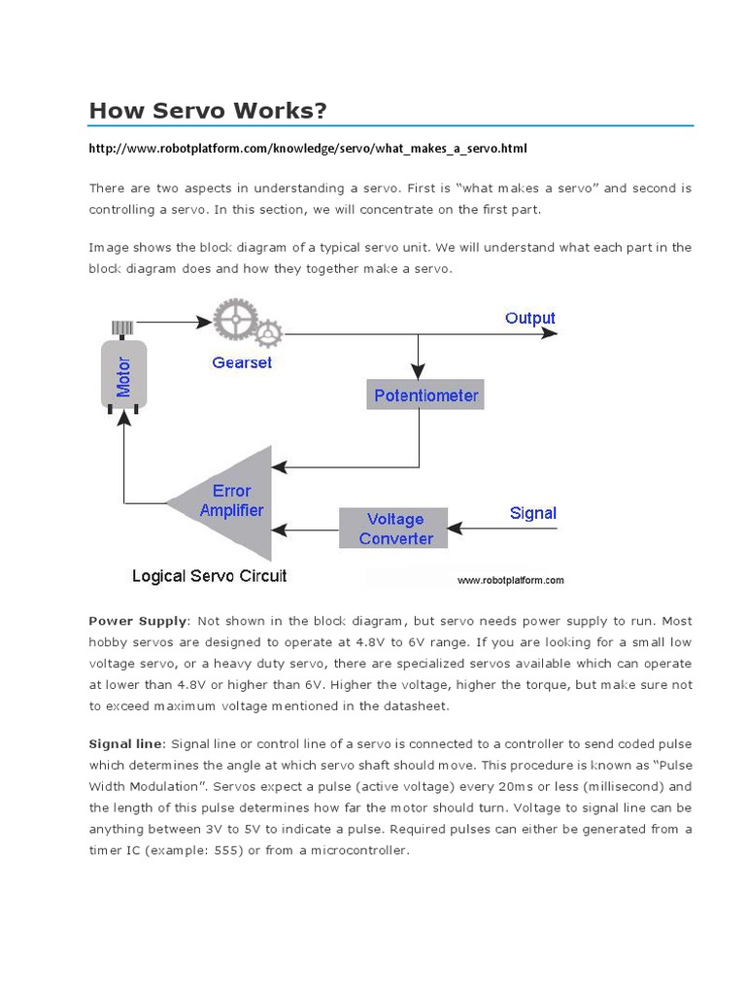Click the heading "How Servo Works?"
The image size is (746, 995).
tap(207, 110)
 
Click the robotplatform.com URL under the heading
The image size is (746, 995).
tap(308, 149)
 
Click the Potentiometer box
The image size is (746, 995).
tap(426, 395)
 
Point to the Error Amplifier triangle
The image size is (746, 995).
tap(229, 501)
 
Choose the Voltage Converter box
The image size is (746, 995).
tap(394, 529)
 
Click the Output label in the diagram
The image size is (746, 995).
tap(529, 318)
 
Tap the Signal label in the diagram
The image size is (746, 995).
tap(533, 513)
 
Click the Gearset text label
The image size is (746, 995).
tap(242, 362)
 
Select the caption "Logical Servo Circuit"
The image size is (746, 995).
tap(210, 576)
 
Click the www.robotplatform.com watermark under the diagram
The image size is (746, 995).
tap(510, 580)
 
